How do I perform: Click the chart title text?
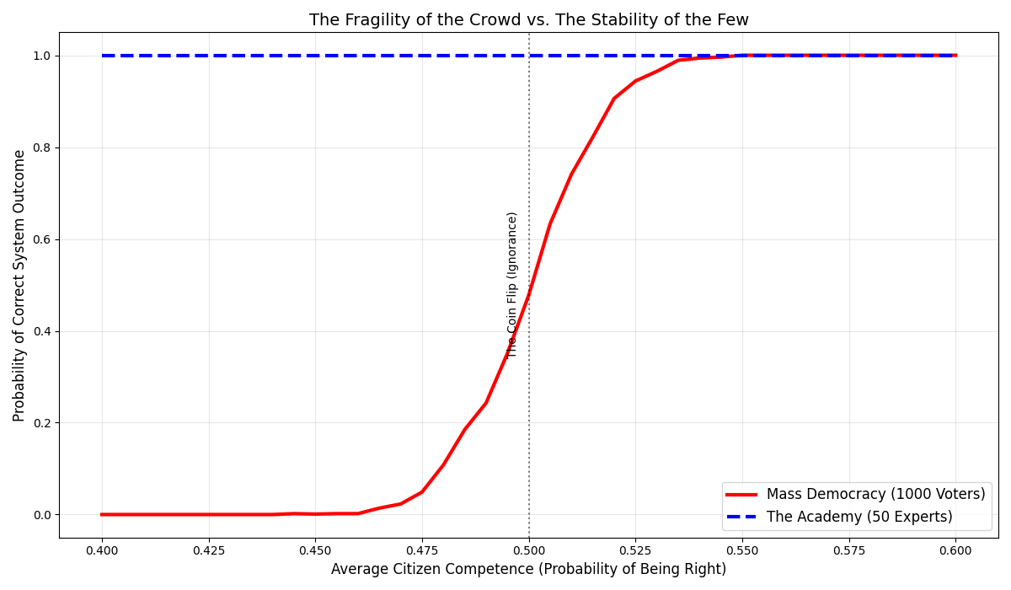528,20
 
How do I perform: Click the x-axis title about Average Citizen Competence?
528,570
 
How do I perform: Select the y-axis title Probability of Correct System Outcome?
19,285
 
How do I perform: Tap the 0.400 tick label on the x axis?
102,550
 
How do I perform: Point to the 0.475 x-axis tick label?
422,550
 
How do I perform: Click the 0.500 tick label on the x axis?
528,550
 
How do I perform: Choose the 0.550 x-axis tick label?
742,550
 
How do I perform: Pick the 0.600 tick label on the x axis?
955,550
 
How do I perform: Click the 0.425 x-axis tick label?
209,550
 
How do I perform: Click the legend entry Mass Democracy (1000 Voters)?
875,495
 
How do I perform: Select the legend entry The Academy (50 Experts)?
859,517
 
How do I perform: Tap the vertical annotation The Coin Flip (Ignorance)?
512,284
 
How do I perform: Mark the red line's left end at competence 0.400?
102,514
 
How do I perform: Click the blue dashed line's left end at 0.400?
103,56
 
